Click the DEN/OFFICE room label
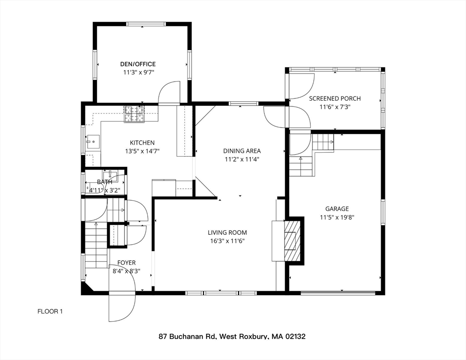[x=138, y=64]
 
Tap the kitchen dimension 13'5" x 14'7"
[x=142, y=151]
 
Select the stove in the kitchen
[x=134, y=114]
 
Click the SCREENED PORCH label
[x=335, y=98]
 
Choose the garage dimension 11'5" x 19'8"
[x=337, y=217]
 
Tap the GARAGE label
[x=337, y=209]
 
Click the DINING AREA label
[x=242, y=151]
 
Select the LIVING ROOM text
[x=227, y=232]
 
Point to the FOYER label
[x=126, y=262]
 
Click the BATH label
[x=105, y=182]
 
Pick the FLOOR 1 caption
[x=50, y=312]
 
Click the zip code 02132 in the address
[x=295, y=337]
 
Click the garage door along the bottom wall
[x=338, y=293]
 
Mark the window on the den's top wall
[x=146, y=24]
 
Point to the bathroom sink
[x=110, y=173]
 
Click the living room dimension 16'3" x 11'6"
[x=227, y=241]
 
